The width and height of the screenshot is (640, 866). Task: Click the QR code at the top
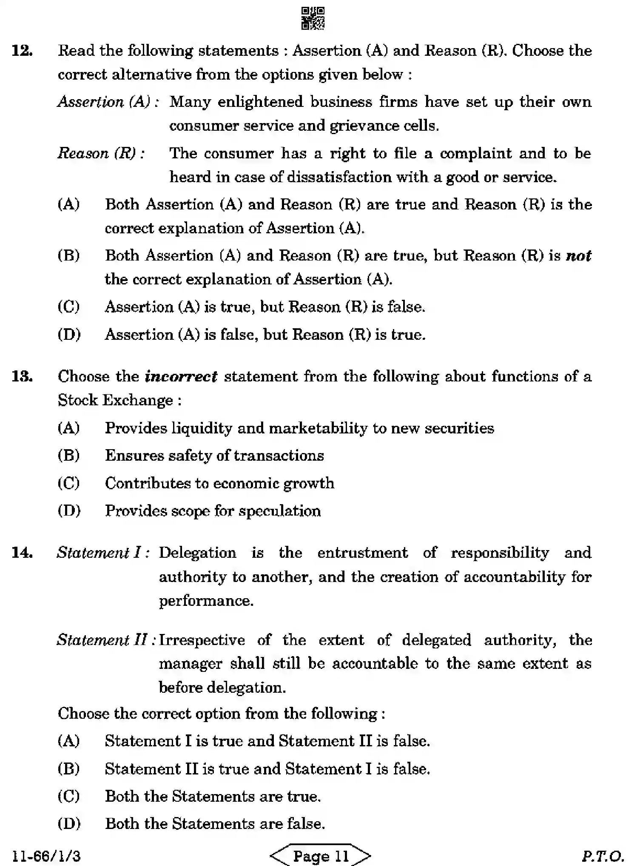tap(313, 18)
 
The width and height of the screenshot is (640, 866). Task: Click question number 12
tap(23, 51)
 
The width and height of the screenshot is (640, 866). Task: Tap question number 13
tap(23, 376)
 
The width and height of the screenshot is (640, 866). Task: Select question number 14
tap(23, 553)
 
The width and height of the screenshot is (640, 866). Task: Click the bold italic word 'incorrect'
tap(181, 376)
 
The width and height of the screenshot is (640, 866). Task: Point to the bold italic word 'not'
tap(579, 255)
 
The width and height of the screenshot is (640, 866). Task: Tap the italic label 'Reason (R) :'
tap(101, 153)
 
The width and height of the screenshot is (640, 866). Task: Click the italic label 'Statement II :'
tap(106, 640)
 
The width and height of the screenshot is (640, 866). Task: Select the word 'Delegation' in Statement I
tap(197, 553)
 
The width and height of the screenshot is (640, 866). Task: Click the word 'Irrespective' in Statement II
tap(202, 640)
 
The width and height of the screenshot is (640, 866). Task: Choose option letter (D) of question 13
tap(69, 510)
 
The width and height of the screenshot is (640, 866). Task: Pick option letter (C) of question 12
tap(69, 307)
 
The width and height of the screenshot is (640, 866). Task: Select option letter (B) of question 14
tap(69, 769)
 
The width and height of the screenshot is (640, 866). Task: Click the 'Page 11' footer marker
tap(320, 855)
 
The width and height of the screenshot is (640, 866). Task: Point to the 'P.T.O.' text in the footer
tap(603, 856)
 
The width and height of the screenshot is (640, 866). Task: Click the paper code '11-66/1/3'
tap(47, 856)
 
